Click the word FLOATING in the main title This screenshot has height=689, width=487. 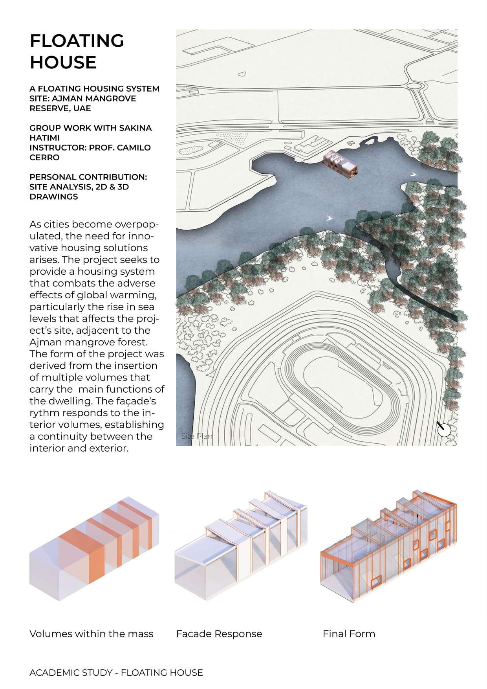pos(77,40)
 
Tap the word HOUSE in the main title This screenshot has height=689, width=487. pos(63,62)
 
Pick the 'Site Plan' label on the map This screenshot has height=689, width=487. pos(196,436)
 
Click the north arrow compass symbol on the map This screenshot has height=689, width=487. pos(444,429)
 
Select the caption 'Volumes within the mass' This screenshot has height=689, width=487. pos(91,634)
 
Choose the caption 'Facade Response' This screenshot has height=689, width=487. pos(219,634)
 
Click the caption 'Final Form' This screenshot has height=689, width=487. pos(349,634)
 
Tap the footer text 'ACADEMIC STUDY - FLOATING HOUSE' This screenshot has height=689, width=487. pos(116,672)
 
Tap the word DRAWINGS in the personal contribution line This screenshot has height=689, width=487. pos(53,197)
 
